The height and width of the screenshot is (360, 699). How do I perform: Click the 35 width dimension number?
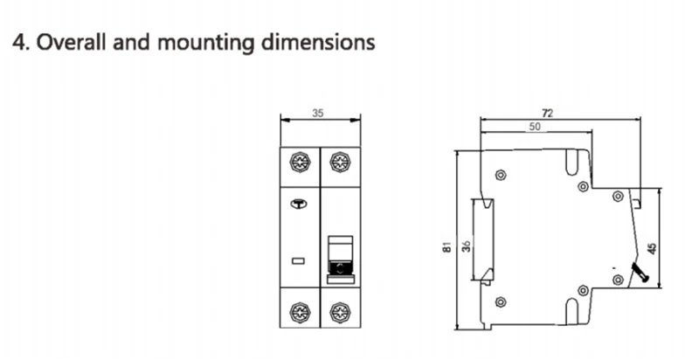click(x=320, y=113)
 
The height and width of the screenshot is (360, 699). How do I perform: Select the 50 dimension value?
click(x=534, y=128)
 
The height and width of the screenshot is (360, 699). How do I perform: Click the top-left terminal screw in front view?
click(x=300, y=163)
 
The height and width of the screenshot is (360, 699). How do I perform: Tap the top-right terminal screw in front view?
click(x=339, y=163)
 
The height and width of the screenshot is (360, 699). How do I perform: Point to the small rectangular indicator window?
click(x=297, y=261)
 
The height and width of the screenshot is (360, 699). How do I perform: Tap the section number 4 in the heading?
click(x=15, y=42)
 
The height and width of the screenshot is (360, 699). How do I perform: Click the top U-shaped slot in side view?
click(x=572, y=162)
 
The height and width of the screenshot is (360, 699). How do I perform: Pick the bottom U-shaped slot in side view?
click(x=572, y=312)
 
